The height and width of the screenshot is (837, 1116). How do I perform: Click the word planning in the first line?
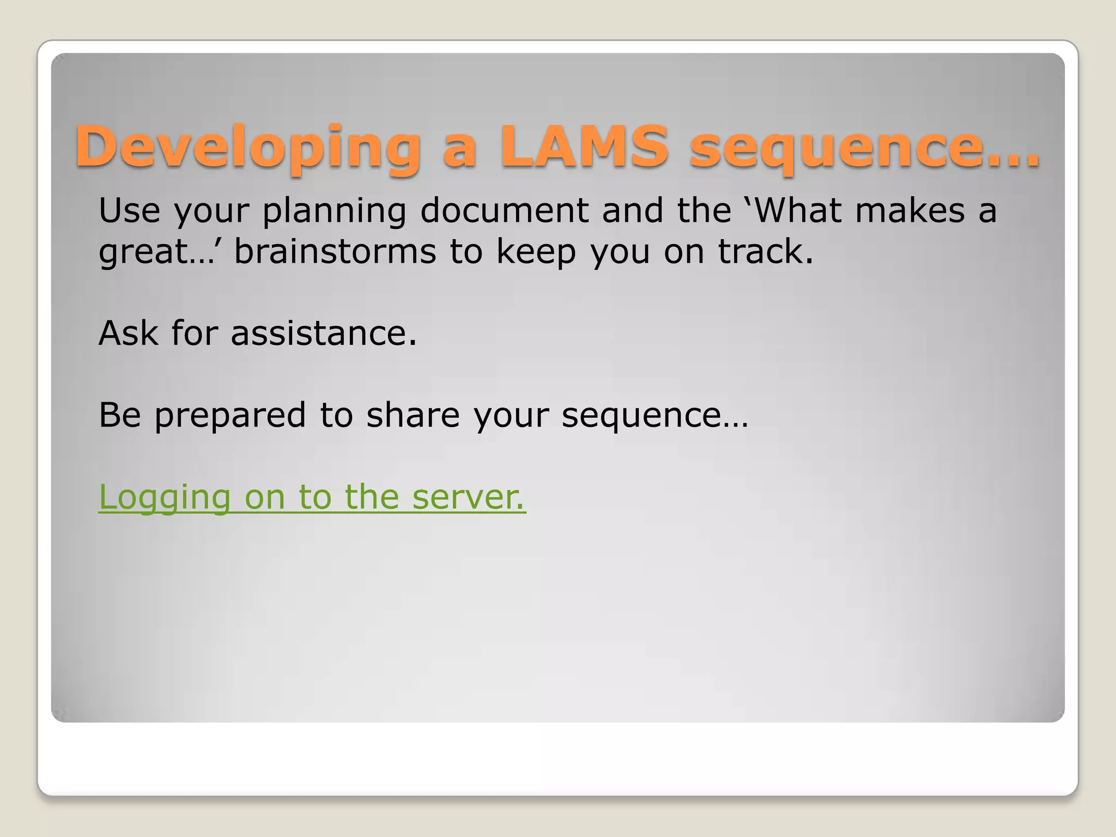coord(334,211)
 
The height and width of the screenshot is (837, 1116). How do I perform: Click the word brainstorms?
coord(335,251)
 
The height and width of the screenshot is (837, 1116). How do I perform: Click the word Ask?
coord(128,333)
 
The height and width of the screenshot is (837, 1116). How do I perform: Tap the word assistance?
coord(324,333)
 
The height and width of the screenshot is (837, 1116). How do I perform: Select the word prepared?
coord(230,416)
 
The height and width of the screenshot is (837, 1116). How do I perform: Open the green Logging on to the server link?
coord(312,497)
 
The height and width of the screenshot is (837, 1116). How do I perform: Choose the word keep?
coord(536,252)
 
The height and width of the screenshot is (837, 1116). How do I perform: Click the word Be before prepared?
coord(119,415)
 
